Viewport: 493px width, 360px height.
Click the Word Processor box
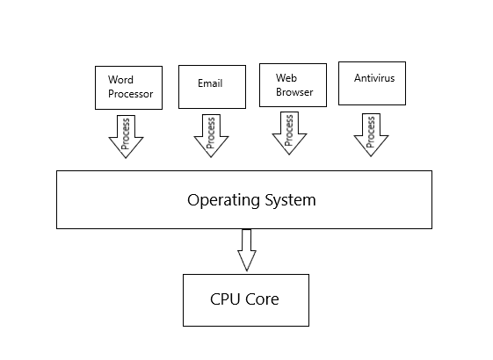[x=128, y=88]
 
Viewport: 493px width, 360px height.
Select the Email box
[x=213, y=87]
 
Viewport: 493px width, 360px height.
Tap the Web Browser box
[x=293, y=85]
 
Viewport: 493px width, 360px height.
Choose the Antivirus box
[x=373, y=83]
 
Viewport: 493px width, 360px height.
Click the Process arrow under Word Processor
[x=126, y=137]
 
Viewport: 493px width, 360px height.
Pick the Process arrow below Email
[x=211, y=136]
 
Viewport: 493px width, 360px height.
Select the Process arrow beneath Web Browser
[x=289, y=133]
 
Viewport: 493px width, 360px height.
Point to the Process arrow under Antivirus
[x=371, y=134]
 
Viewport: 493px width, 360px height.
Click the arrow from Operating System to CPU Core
[x=247, y=250]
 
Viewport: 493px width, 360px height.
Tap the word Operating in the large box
[x=224, y=200]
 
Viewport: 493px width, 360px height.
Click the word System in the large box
[x=290, y=200]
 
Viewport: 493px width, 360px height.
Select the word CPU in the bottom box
[x=226, y=299]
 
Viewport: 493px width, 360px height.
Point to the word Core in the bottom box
[x=262, y=299]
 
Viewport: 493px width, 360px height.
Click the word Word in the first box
[x=120, y=80]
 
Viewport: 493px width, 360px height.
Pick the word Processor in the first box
[x=130, y=94]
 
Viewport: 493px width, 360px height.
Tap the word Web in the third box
[x=286, y=77]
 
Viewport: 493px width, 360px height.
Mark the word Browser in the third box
[x=294, y=92]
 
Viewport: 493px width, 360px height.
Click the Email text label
[x=210, y=83]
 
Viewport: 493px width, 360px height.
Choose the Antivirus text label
[x=374, y=77]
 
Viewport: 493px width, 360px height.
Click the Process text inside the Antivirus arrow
[x=371, y=132]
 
